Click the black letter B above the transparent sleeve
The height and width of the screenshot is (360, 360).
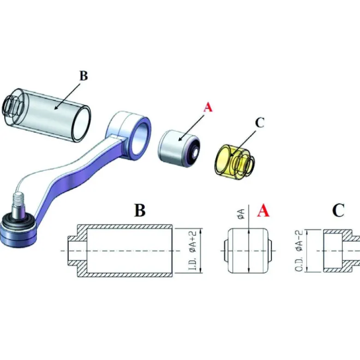pos(84,76)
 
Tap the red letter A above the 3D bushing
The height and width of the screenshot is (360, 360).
pos(208,107)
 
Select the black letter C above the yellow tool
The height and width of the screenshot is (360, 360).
pos(260,123)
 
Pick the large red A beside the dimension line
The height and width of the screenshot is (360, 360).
pos(263,210)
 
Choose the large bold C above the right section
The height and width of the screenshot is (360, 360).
pos(338,210)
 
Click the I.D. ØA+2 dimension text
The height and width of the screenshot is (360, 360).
pos(192,251)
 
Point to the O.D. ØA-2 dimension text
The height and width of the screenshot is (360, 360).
pos(299,251)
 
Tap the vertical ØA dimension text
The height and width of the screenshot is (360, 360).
pos(241,213)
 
